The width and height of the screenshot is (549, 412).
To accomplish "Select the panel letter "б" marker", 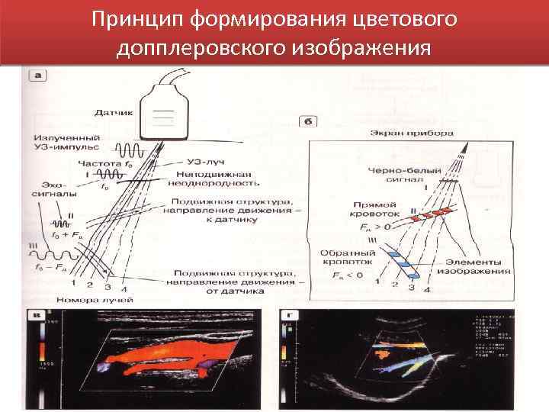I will [x=306, y=121].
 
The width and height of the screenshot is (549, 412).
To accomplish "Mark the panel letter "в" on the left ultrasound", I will [x=36, y=314].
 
